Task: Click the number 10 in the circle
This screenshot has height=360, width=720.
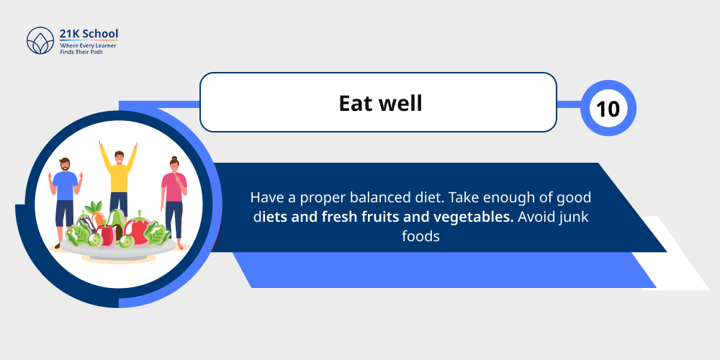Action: pyautogui.click(x=608, y=109)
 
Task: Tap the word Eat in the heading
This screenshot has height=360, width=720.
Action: pyautogui.click(x=356, y=103)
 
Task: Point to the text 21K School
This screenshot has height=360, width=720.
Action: pyautogui.click(x=89, y=34)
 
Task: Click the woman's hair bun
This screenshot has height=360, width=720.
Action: pyautogui.click(x=174, y=158)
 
